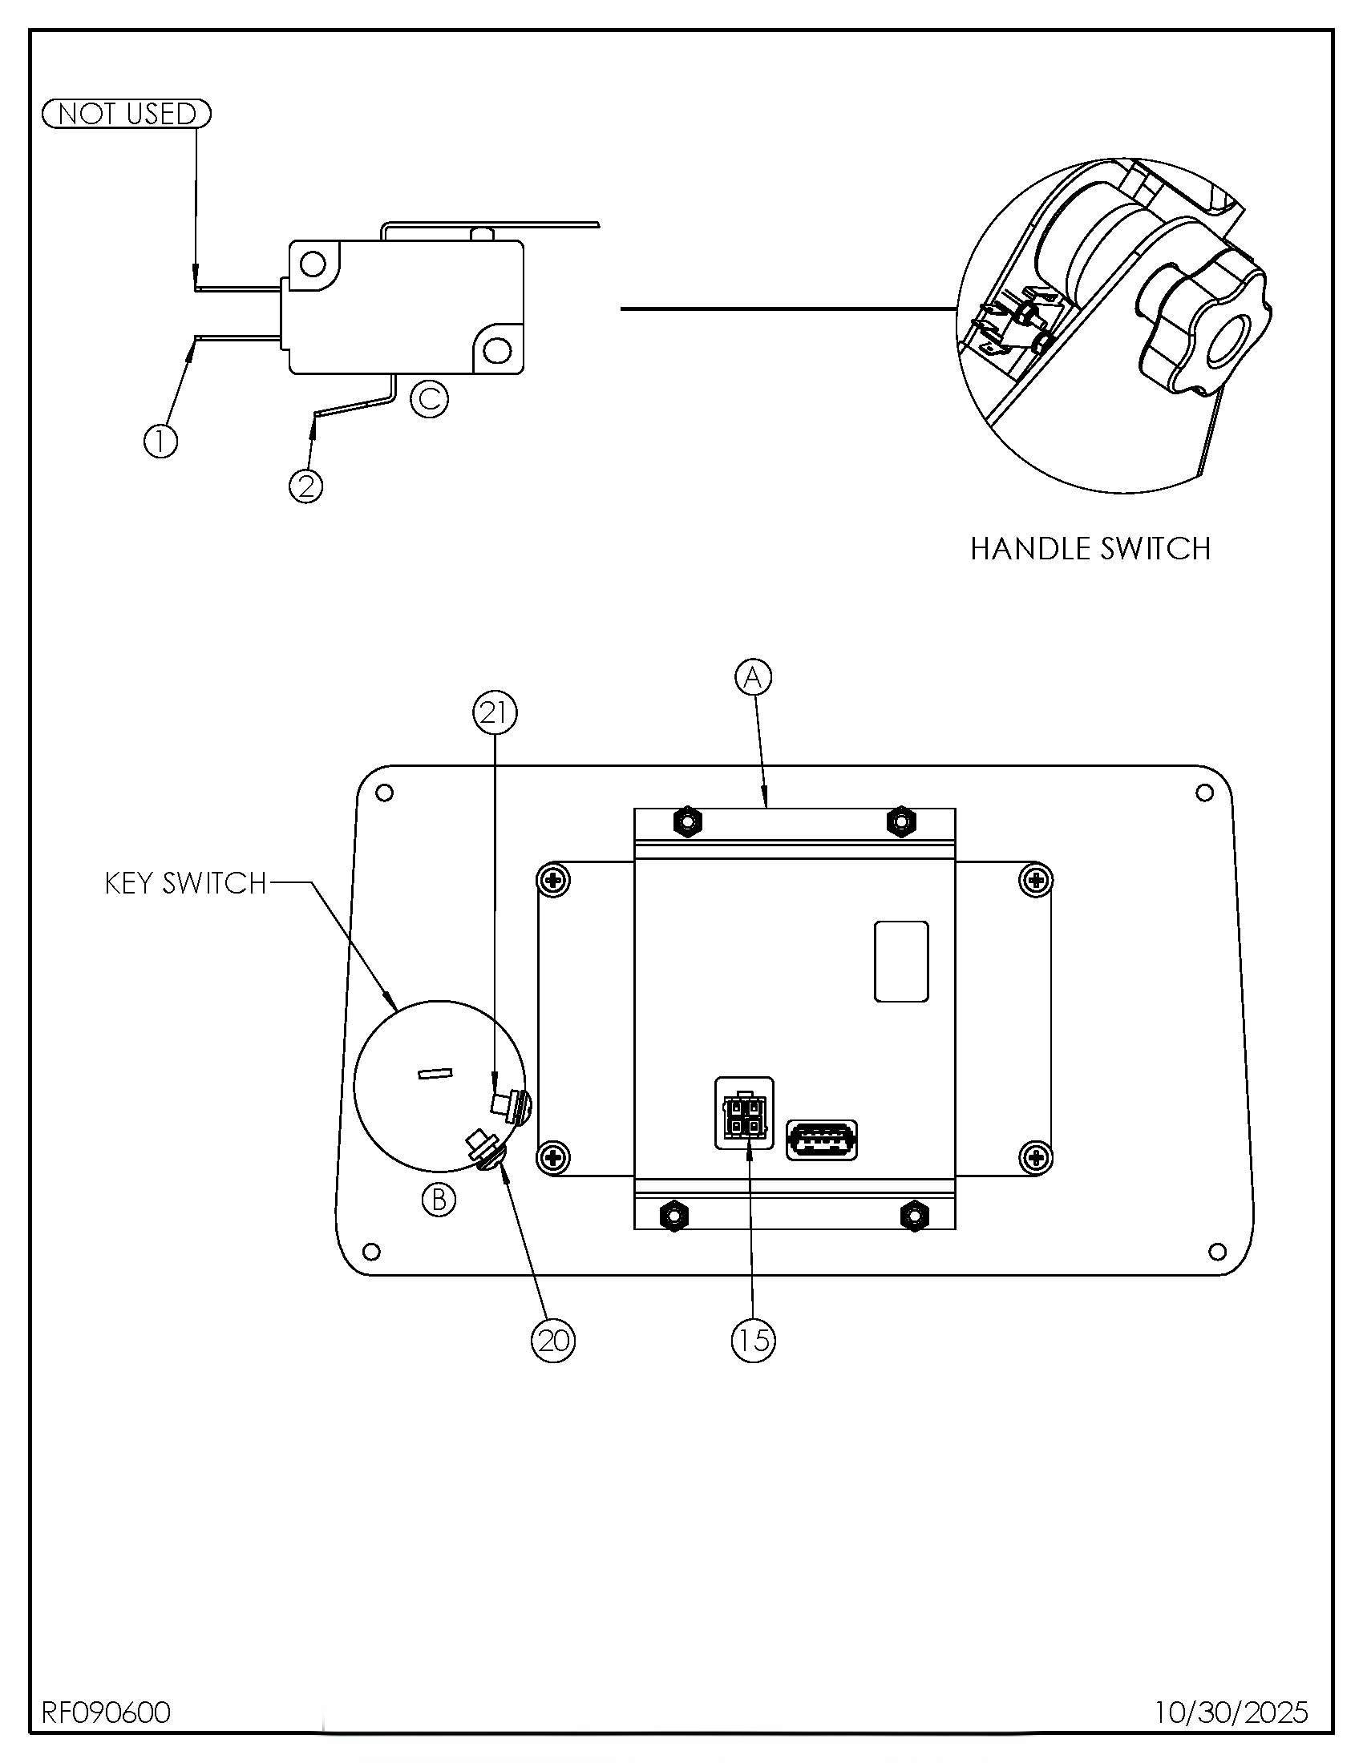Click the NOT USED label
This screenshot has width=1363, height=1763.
pos(126,114)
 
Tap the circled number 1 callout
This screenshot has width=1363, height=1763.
pos(160,442)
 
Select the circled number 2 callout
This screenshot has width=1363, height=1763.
pos(306,486)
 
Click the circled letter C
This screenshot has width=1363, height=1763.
pos(429,398)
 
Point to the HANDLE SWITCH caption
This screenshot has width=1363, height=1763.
pos(1090,549)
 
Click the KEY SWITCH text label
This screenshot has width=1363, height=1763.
pos(186,883)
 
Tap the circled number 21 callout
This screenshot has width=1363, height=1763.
pos(494,712)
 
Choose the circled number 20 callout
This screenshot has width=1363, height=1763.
pos(553,1341)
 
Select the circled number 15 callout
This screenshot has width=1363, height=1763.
pos(753,1341)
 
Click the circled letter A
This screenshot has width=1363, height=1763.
pos(753,677)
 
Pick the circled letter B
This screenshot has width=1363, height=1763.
pos(439,1200)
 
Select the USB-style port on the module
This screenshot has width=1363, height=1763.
pos(822,1140)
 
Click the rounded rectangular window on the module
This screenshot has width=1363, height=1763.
pos(901,962)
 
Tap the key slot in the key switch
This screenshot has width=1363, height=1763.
pos(435,1073)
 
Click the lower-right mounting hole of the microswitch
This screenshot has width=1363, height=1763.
pos(496,350)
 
